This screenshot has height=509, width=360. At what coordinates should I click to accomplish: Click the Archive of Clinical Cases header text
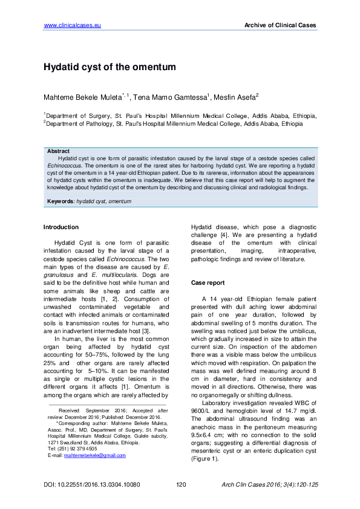point(280,25)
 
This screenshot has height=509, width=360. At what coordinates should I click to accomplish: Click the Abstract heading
point(58,151)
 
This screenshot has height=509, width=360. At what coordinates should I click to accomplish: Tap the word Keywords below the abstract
point(61,200)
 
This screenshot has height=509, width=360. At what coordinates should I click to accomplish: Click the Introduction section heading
point(61,227)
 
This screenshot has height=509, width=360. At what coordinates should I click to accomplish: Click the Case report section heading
point(208,282)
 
